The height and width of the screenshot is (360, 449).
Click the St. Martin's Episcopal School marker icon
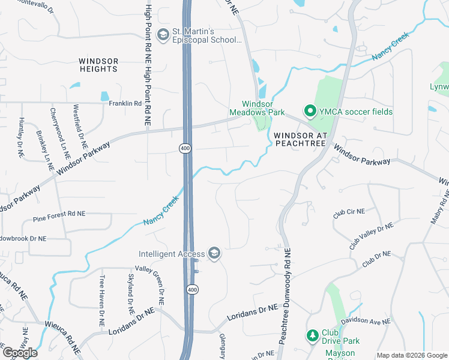point(162,35)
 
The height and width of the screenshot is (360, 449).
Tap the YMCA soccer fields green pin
point(310,111)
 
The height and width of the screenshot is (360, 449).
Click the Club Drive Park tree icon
point(312,335)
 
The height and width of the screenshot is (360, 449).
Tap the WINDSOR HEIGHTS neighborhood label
point(98,65)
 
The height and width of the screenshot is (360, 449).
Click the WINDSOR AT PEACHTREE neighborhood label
point(300,139)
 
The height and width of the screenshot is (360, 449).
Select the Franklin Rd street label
point(125,103)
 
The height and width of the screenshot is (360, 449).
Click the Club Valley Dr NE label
point(371,236)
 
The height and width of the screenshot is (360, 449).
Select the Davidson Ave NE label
point(366,322)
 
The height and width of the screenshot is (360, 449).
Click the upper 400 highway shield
point(184,148)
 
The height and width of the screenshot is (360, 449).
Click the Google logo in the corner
point(20,352)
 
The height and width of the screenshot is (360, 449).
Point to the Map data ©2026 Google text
point(411,355)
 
